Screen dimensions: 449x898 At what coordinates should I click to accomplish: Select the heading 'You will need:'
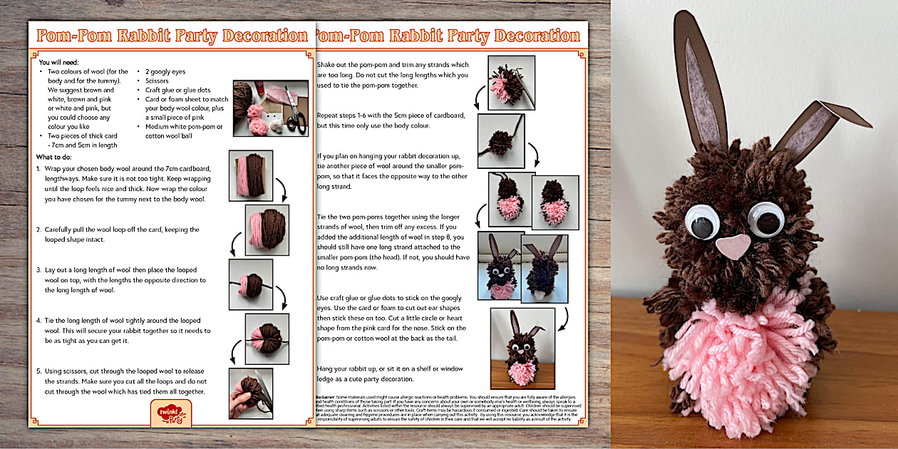[59, 63]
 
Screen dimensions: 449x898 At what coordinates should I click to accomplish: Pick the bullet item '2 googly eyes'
[165, 72]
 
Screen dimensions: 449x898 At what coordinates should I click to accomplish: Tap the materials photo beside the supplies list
[270, 108]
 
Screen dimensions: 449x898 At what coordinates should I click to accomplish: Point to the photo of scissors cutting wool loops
[250, 393]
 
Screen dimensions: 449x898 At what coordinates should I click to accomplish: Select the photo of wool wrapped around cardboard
[250, 175]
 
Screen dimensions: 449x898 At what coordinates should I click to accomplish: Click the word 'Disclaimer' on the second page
[330, 396]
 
